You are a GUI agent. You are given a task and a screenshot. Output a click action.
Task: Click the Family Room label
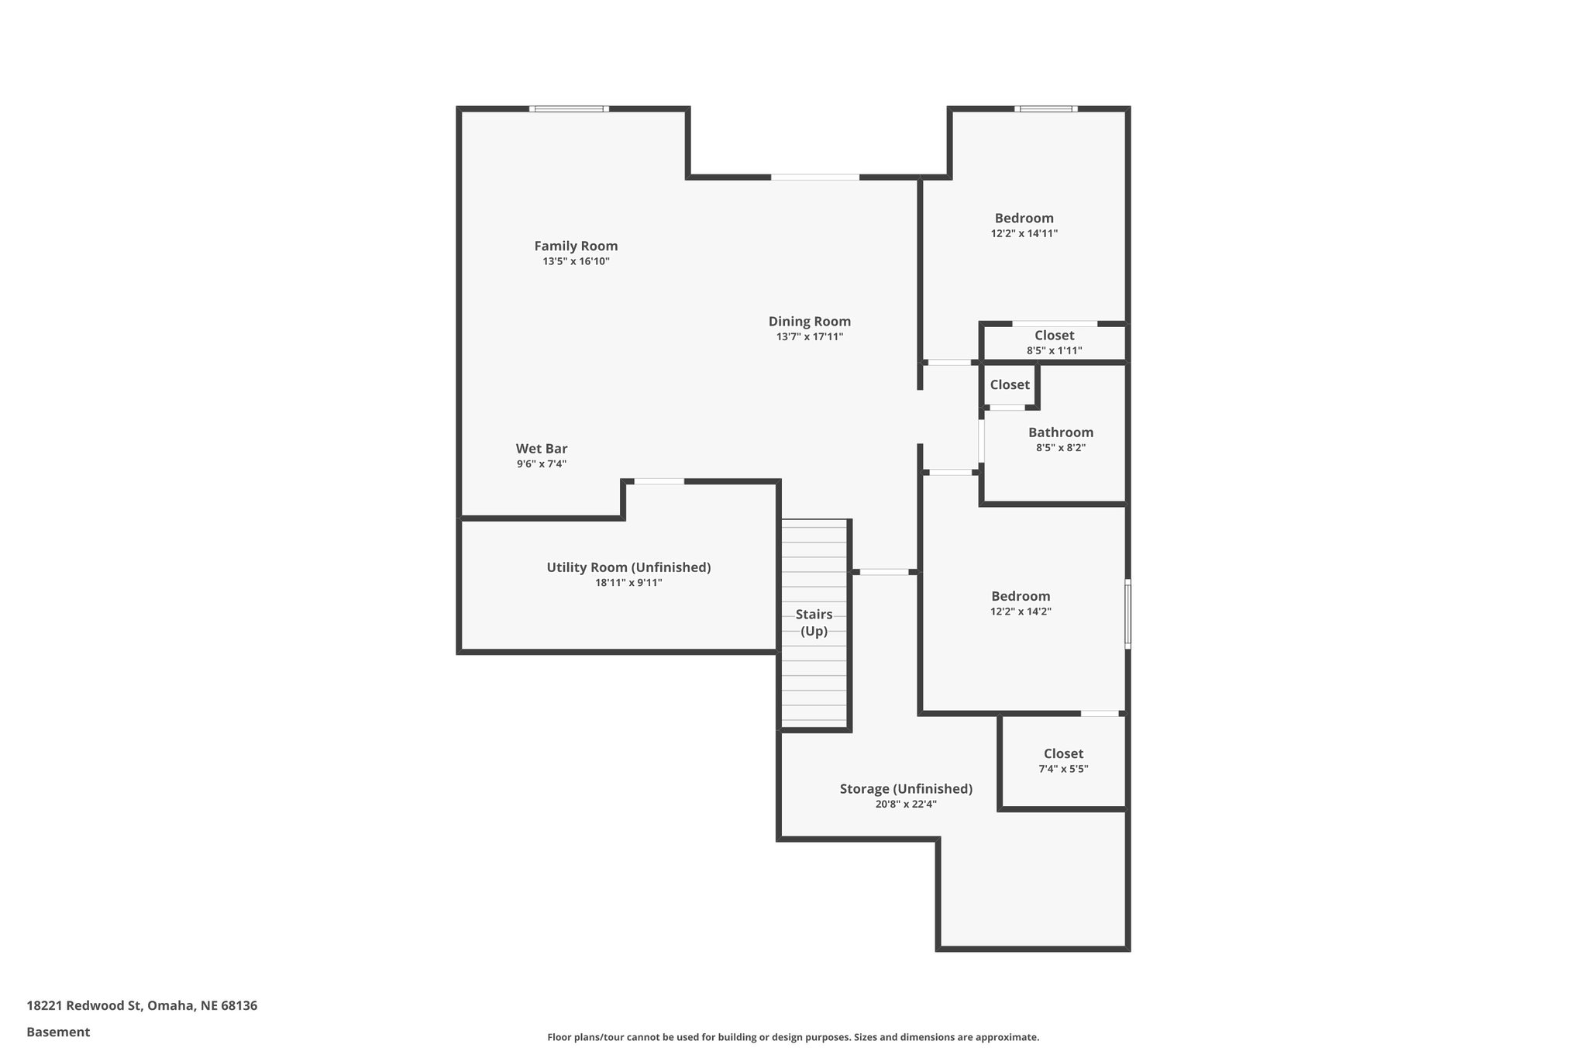(576, 246)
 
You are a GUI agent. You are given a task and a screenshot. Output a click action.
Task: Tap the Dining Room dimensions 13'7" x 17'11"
(810, 337)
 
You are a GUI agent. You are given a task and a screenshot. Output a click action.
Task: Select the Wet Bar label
(542, 449)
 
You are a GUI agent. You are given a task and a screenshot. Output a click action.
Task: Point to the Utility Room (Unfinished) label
(628, 567)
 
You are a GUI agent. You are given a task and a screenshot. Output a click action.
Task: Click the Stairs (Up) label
(814, 623)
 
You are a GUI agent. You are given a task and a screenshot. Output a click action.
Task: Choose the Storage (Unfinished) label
(906, 789)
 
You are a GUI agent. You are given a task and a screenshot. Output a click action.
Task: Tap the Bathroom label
(1061, 433)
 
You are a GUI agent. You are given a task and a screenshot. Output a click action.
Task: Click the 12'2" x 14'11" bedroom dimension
(1024, 233)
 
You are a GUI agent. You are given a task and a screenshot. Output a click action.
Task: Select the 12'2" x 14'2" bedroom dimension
(1021, 612)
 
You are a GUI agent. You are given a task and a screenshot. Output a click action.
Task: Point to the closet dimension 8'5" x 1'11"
(1054, 351)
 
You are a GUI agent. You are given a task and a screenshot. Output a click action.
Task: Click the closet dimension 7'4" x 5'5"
(1063, 769)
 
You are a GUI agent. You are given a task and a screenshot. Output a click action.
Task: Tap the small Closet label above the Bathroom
(1010, 385)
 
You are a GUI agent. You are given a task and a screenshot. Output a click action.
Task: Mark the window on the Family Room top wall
(569, 109)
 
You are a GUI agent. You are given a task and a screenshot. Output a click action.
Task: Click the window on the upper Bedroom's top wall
(1045, 109)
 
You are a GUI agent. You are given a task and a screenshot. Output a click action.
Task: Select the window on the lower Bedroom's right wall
(1127, 613)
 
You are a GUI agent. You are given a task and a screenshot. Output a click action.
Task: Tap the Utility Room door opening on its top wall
(659, 482)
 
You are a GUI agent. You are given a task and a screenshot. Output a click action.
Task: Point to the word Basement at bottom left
(58, 1032)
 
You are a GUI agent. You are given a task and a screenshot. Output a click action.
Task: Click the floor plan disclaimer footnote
(793, 1037)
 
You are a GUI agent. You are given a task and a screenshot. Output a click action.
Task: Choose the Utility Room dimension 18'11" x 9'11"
(628, 583)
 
